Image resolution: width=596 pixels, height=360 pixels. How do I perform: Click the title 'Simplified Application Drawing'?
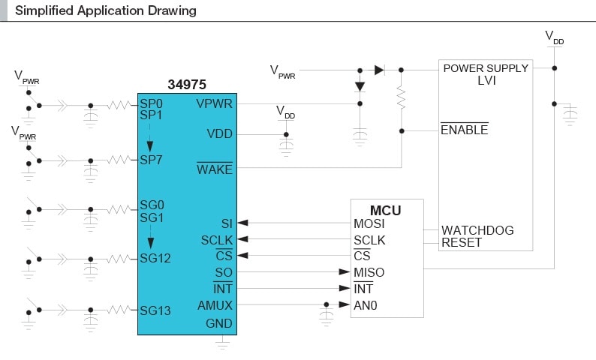106,10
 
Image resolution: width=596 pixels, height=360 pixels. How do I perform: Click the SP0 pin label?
151,103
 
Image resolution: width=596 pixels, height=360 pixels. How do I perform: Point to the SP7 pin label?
151,160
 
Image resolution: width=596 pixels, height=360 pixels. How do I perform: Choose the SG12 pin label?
155,259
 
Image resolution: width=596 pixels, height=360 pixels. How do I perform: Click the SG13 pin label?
155,310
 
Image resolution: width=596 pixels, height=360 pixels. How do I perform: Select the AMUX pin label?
215,305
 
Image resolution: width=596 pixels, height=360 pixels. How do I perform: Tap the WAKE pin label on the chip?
214,169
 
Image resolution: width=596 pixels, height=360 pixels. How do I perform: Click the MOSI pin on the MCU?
370,223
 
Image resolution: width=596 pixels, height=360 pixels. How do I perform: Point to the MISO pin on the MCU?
369,272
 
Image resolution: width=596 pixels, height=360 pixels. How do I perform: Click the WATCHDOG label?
477,230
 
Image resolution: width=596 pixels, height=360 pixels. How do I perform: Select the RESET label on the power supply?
462,242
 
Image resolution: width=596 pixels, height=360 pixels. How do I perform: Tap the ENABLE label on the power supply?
464,130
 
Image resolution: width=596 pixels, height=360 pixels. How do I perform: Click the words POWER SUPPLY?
486,68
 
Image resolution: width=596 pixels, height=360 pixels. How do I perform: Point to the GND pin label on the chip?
219,324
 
